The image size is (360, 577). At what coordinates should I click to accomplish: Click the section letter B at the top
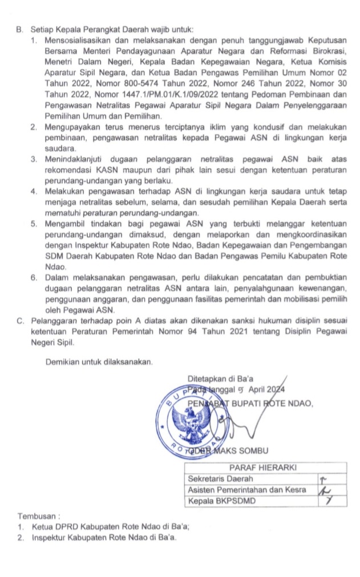(18, 29)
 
